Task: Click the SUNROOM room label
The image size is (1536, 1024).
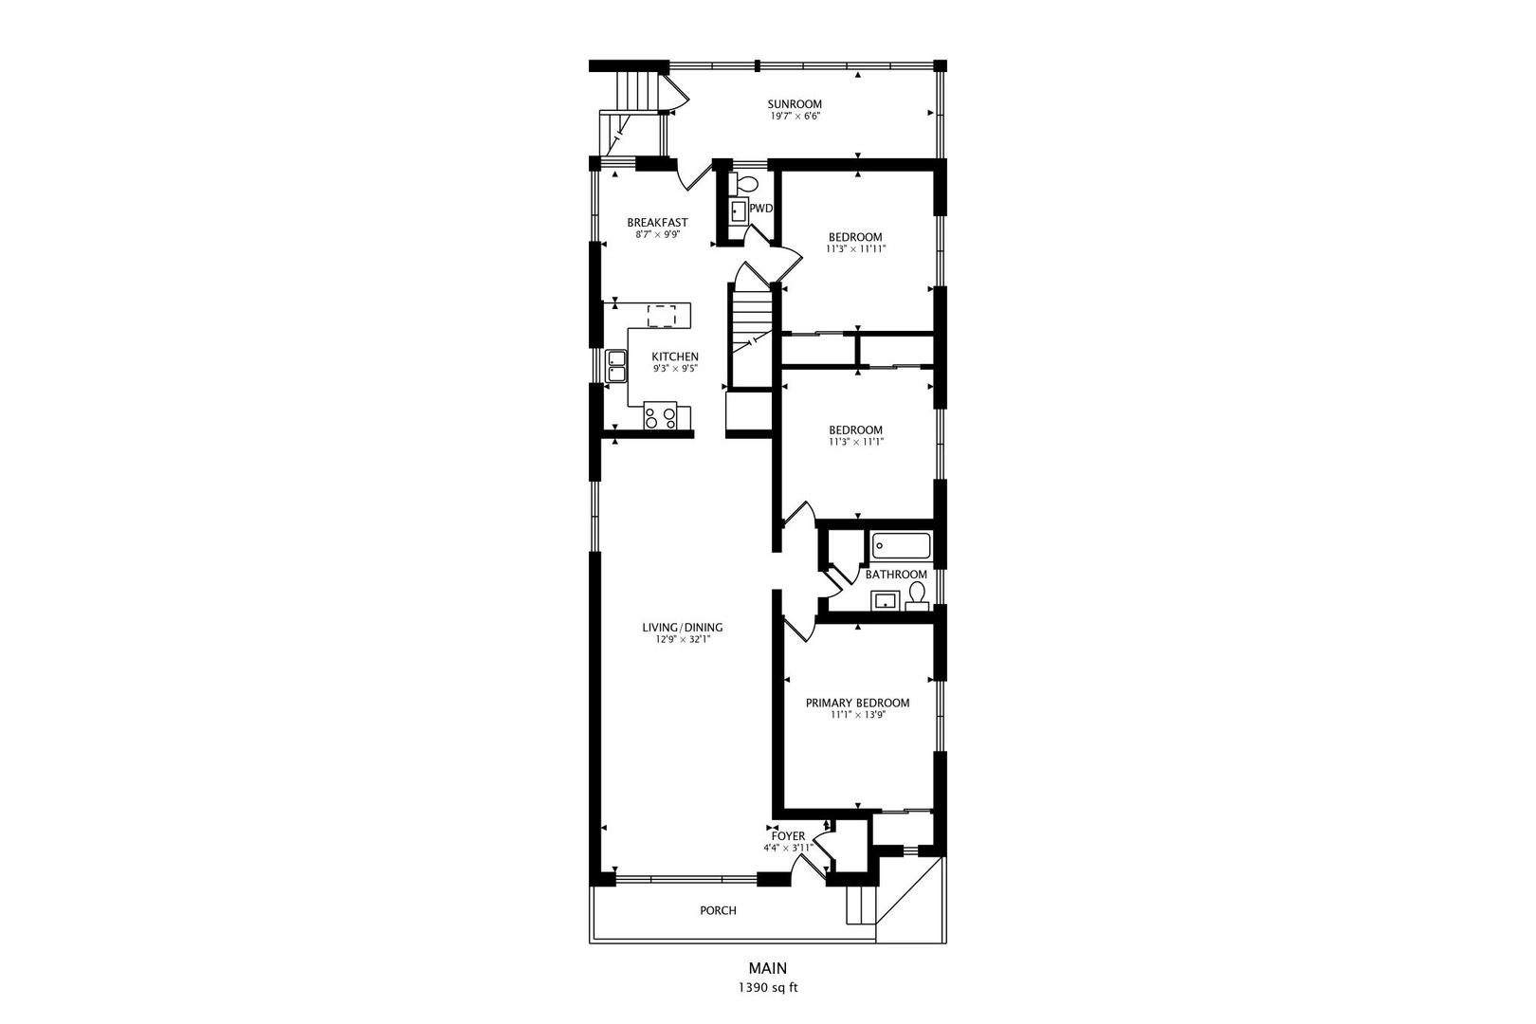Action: (x=794, y=104)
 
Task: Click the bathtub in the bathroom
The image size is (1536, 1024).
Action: (x=902, y=546)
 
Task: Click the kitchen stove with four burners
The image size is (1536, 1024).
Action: (x=660, y=415)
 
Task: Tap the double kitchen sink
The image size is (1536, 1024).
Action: (x=616, y=365)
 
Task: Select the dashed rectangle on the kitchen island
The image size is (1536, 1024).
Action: (x=663, y=315)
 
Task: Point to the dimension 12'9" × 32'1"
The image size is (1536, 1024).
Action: (x=682, y=639)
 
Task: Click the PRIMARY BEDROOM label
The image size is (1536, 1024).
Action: (x=857, y=703)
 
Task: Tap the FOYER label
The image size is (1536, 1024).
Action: (x=788, y=836)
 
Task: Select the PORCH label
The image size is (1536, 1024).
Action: (x=718, y=910)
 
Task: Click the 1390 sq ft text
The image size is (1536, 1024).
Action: (x=768, y=988)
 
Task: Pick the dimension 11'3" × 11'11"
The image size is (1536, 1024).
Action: (x=855, y=249)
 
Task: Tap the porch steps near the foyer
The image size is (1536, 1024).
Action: (x=860, y=905)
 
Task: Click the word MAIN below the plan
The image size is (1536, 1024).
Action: (x=767, y=968)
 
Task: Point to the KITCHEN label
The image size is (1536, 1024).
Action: (x=675, y=357)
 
